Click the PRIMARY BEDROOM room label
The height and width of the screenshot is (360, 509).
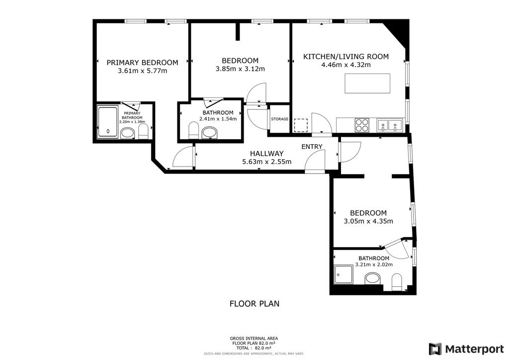coord(142,62)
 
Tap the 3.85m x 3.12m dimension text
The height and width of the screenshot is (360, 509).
coord(240,69)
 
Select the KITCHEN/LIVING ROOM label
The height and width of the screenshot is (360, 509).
coord(346,57)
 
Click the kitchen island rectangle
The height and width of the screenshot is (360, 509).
coord(367,83)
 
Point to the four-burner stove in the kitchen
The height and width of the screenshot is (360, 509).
coord(362,124)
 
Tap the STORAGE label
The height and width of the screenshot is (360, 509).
coord(279,119)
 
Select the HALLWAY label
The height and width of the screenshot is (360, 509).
coord(266,154)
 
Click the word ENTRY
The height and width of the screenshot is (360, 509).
coord(312,146)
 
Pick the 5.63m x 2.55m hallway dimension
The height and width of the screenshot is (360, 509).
coord(266,162)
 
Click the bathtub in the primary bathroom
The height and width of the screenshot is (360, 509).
coord(107,122)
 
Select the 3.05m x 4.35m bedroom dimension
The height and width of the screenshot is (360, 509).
coord(368,221)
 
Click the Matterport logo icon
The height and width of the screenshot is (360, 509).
coord(435,349)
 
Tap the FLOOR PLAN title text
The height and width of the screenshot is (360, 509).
coord(254,303)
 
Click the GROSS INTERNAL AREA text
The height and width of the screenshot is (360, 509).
coord(254,337)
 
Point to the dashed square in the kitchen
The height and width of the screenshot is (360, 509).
coord(301,125)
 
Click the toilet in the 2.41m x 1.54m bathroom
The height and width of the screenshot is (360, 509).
coord(194,131)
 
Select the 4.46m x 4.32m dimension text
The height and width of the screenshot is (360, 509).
coord(346,65)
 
